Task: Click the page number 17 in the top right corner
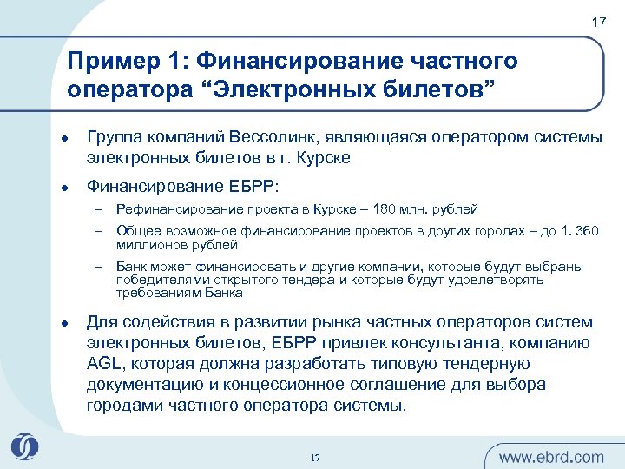pyautogui.click(x=599, y=22)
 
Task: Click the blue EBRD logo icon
pyautogui.click(x=25, y=447)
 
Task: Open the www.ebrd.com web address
pyautogui.click(x=551, y=457)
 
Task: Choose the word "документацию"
pyautogui.click(x=140, y=384)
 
